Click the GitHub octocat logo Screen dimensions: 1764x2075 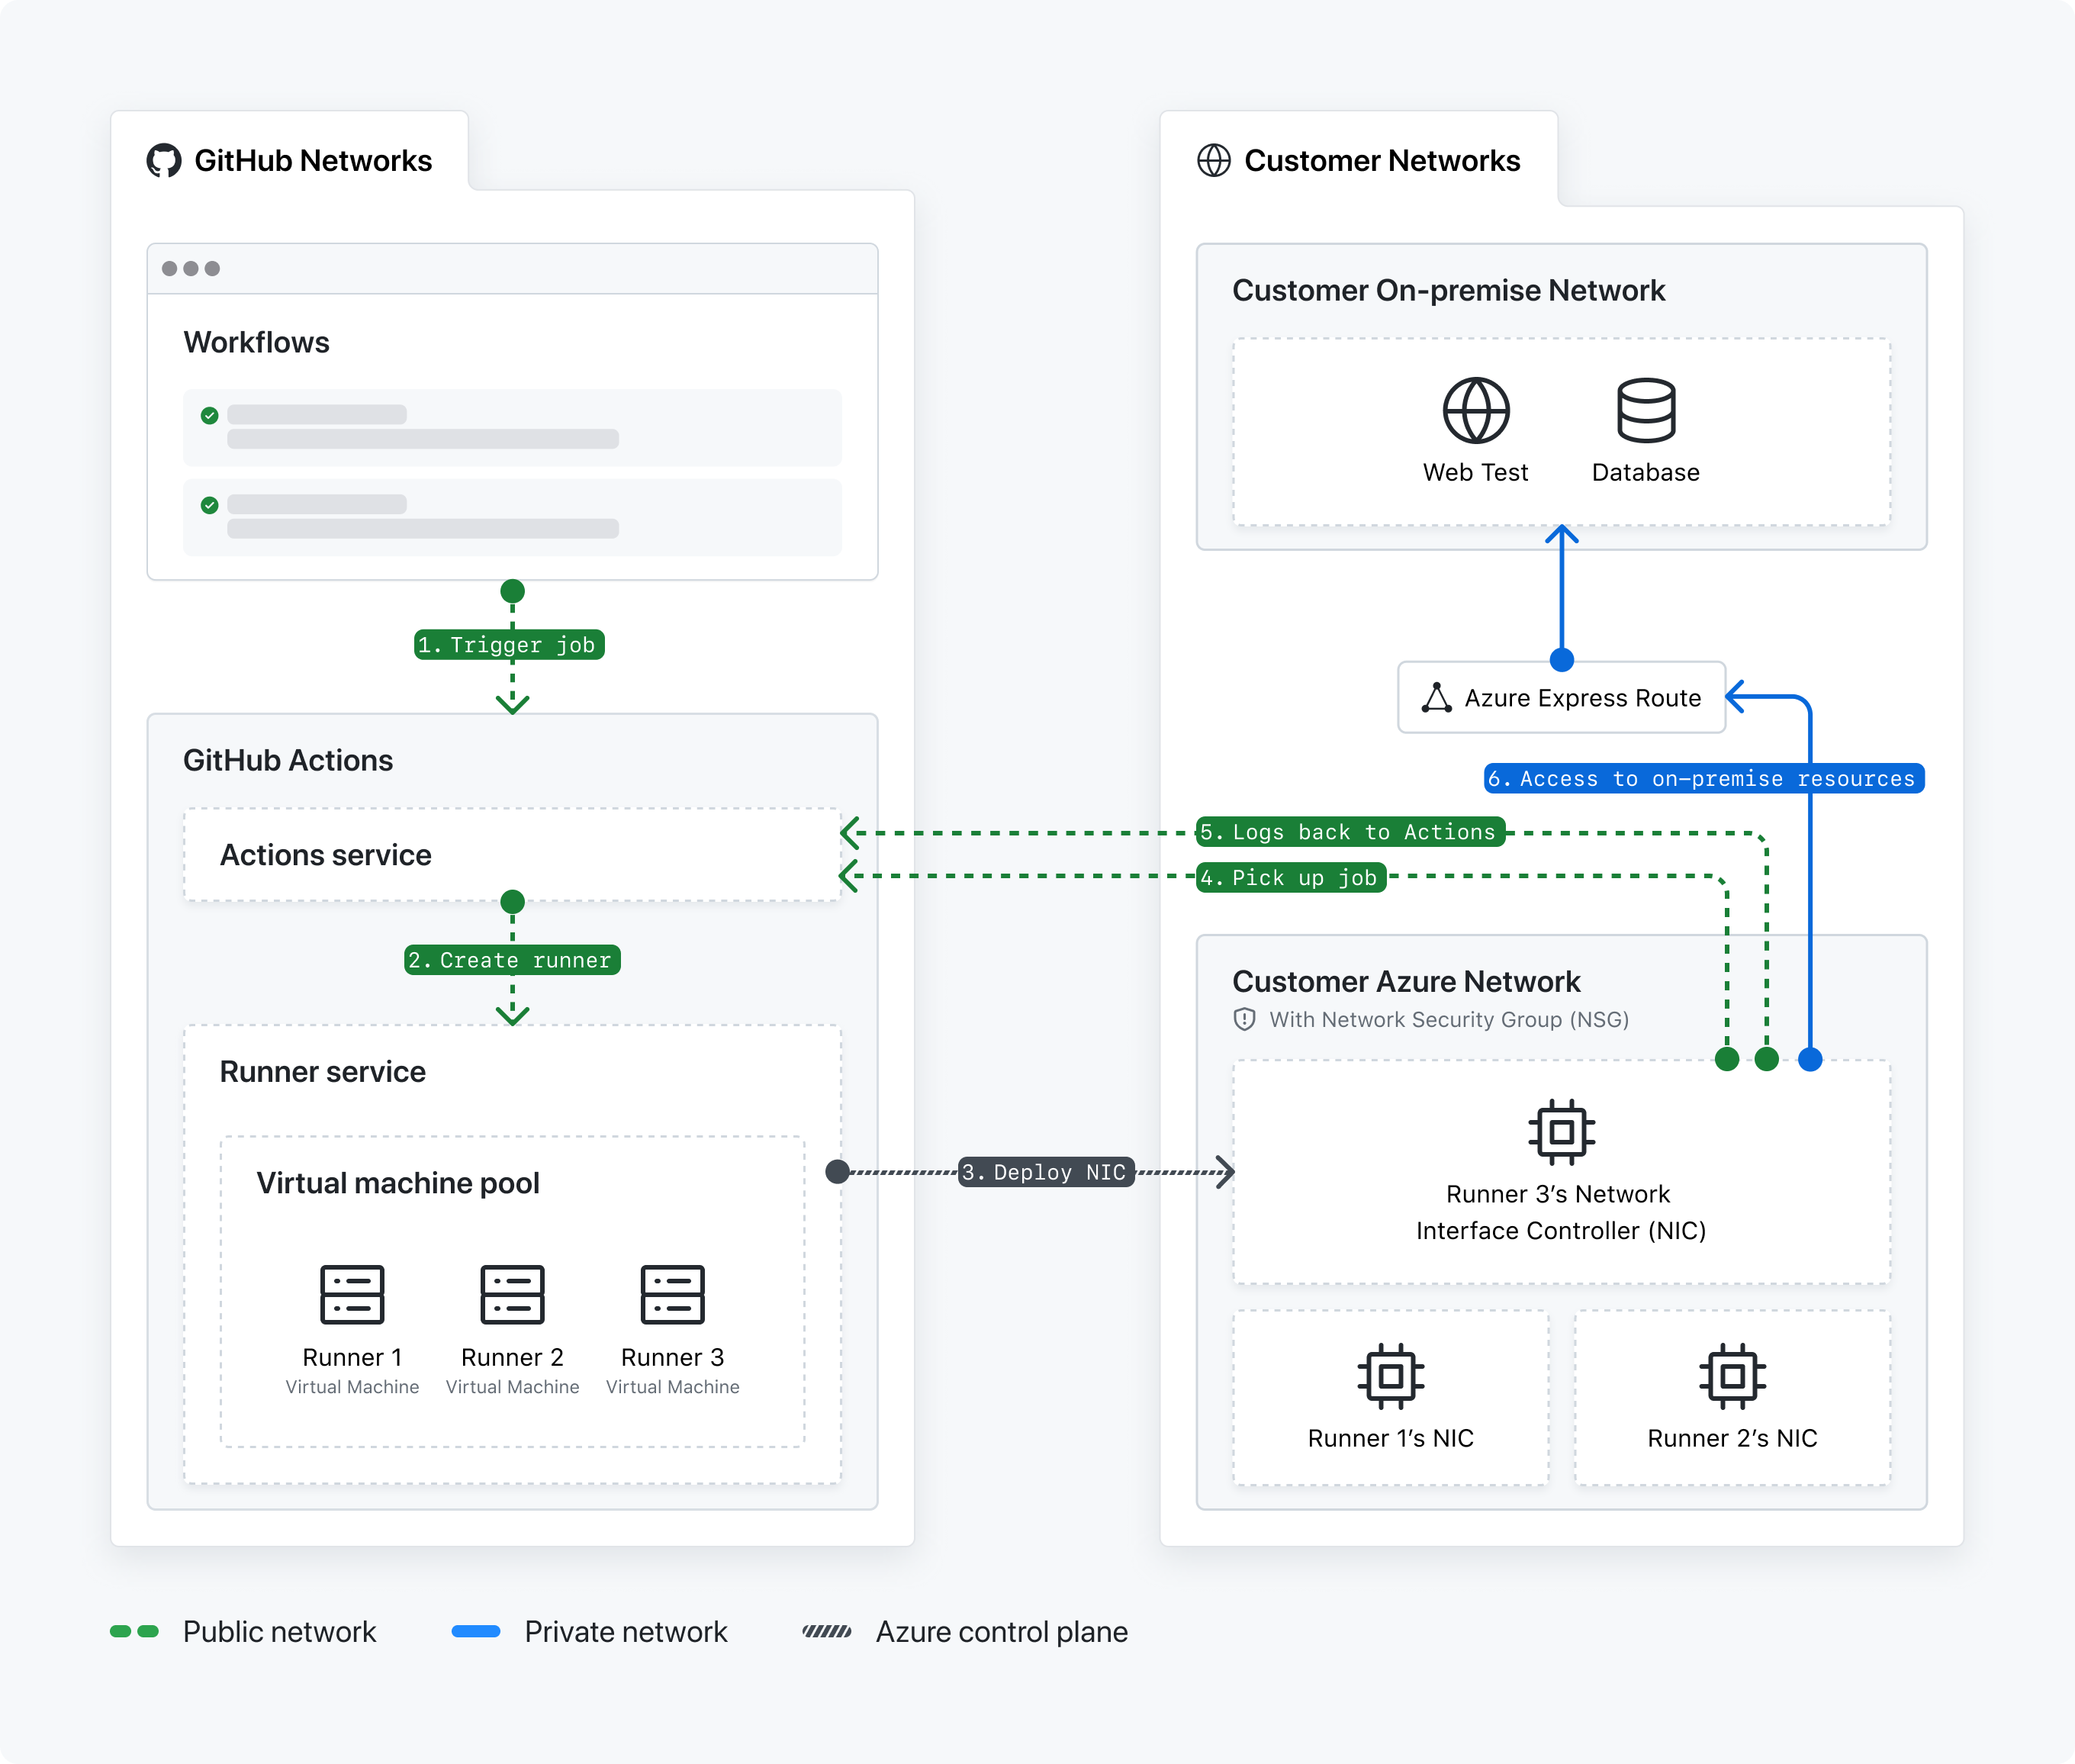[x=164, y=160]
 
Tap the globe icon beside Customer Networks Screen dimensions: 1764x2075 [x=1213, y=160]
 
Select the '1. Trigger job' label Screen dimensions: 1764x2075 [x=509, y=645]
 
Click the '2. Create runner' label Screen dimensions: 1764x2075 [x=512, y=960]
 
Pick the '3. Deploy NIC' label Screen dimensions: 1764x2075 [x=1046, y=1172]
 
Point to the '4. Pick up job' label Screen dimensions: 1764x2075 [x=1290, y=878]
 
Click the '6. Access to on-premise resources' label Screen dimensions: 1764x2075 [x=1702, y=778]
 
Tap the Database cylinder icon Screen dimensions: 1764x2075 [x=1645, y=410]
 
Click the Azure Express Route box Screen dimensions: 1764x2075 [x=1561, y=697]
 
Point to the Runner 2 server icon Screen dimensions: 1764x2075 [x=512, y=1294]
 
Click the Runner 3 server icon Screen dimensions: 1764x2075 [x=672, y=1294]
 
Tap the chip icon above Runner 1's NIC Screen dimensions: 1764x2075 [x=1390, y=1376]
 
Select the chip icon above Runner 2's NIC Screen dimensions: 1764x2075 [x=1732, y=1376]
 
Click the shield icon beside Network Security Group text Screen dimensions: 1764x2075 [x=1244, y=1019]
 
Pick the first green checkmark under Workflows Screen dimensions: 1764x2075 [x=209, y=415]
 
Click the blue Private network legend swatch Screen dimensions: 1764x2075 [x=476, y=1631]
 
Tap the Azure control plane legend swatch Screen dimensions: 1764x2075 [x=827, y=1631]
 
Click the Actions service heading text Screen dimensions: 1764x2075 [x=325, y=855]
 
